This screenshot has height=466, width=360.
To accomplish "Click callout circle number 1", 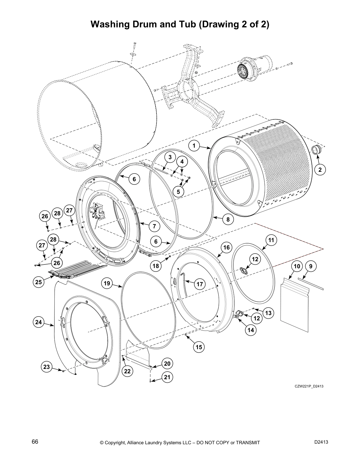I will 194,145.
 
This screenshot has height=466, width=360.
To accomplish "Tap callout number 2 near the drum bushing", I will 320,169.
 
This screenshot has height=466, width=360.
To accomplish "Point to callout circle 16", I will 226,247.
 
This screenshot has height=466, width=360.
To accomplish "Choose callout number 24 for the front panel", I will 39,322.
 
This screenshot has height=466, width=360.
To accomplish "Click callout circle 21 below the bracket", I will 167,377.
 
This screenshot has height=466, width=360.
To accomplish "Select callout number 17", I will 200,284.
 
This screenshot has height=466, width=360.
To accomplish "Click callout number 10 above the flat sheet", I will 297,266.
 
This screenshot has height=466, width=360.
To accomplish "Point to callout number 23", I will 47,367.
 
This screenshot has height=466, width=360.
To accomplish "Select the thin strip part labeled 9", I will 310,283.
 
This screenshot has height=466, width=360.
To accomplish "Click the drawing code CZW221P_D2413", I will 309,386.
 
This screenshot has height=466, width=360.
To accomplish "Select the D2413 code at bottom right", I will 321,442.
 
